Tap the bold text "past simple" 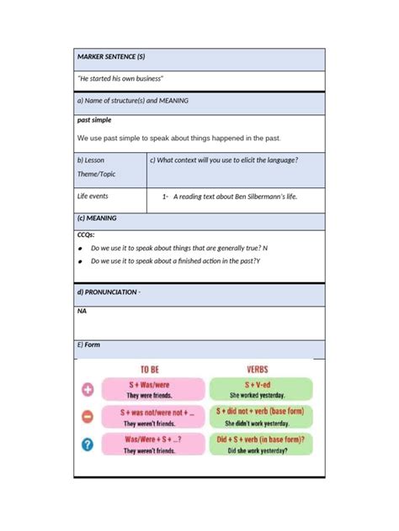(93, 120)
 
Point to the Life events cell (93, 197)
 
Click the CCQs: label (86, 234)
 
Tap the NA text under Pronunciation (82, 311)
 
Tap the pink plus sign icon (87, 390)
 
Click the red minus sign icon (87, 417)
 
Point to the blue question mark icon (87, 445)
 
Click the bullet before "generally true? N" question (79, 249)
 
